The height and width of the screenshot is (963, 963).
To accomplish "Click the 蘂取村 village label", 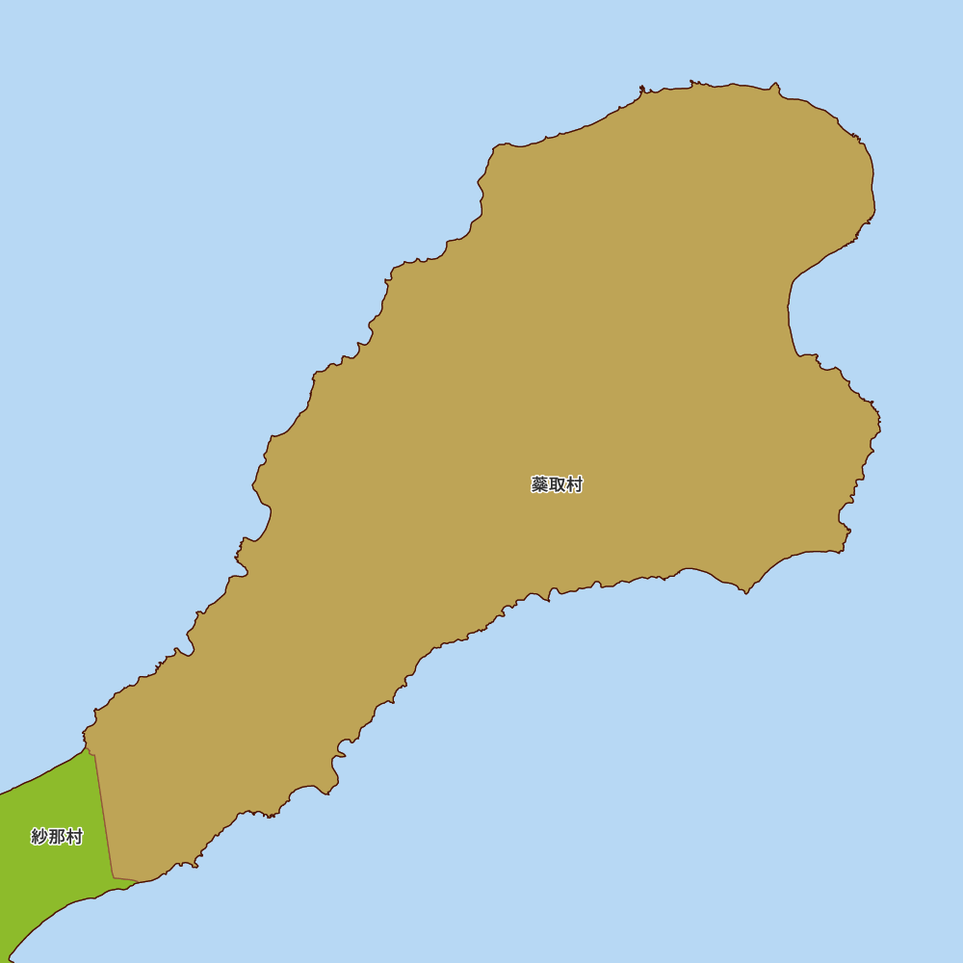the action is (557, 484).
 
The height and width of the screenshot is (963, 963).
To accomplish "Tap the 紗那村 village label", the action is (57, 837).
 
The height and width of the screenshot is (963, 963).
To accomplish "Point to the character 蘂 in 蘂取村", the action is (539, 484).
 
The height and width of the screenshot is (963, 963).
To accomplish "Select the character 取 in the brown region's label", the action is (557, 484).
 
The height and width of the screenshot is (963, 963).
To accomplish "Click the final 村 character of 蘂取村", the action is (574, 484).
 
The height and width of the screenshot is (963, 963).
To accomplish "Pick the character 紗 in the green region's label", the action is (39, 837).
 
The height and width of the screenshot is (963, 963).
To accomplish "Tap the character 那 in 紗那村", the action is (57, 837).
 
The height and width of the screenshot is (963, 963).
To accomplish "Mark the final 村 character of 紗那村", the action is (74, 837).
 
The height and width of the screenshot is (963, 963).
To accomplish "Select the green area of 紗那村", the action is (48, 886).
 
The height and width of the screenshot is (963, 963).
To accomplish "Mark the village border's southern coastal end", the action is (116, 878).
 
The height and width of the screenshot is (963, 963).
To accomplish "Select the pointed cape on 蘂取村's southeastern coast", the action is (745, 590).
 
